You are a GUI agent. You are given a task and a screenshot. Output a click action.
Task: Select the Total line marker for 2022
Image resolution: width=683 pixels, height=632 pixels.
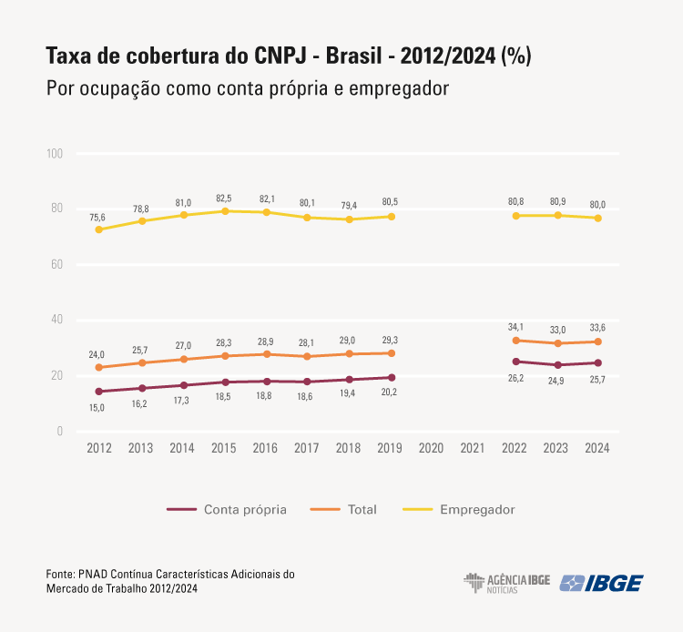516,341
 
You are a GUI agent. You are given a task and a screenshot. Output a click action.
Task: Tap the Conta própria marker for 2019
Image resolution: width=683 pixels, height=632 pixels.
392,377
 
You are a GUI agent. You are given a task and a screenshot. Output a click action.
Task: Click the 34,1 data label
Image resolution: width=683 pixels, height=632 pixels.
516,327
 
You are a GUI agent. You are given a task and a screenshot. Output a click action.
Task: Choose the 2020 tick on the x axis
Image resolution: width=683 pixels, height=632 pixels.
433,449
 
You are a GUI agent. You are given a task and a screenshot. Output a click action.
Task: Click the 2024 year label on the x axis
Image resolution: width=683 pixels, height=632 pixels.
597,449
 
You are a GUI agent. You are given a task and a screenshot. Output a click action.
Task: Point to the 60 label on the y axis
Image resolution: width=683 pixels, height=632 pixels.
56,265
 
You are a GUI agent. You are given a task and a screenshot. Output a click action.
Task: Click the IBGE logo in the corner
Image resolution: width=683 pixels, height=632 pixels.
601,583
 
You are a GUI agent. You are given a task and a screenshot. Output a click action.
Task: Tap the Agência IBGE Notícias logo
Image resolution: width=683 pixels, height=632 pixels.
506,583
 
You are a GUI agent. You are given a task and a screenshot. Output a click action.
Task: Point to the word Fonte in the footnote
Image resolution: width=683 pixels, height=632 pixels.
60,574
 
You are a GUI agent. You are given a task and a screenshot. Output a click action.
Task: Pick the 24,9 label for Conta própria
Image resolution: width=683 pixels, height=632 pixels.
557,381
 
